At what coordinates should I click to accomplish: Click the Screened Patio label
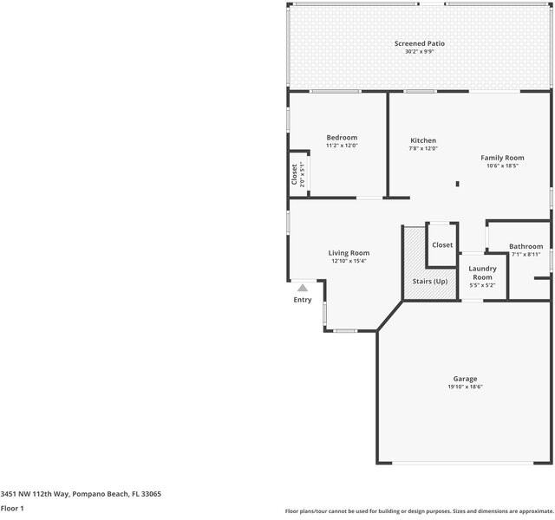click(421, 43)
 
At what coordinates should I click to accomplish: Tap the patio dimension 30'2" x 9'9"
click(421, 52)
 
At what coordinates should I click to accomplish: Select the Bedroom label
click(342, 138)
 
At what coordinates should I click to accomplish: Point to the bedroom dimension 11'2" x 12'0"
click(342, 146)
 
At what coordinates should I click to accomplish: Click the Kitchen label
click(423, 140)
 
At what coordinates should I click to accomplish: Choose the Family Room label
click(503, 158)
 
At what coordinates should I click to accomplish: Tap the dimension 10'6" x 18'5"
click(503, 166)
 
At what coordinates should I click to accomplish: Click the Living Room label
click(349, 253)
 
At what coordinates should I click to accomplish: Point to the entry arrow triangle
click(303, 289)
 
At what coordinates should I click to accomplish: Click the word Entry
click(303, 300)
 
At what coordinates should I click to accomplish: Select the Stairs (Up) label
click(429, 282)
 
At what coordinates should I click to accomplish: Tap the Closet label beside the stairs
click(442, 245)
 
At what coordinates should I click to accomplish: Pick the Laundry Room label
click(482, 273)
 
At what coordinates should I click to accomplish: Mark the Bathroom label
click(526, 247)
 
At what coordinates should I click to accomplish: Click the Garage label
click(465, 379)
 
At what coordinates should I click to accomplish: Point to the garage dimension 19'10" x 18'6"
click(465, 387)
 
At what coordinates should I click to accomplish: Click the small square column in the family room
click(458, 183)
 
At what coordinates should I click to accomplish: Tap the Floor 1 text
click(12, 509)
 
